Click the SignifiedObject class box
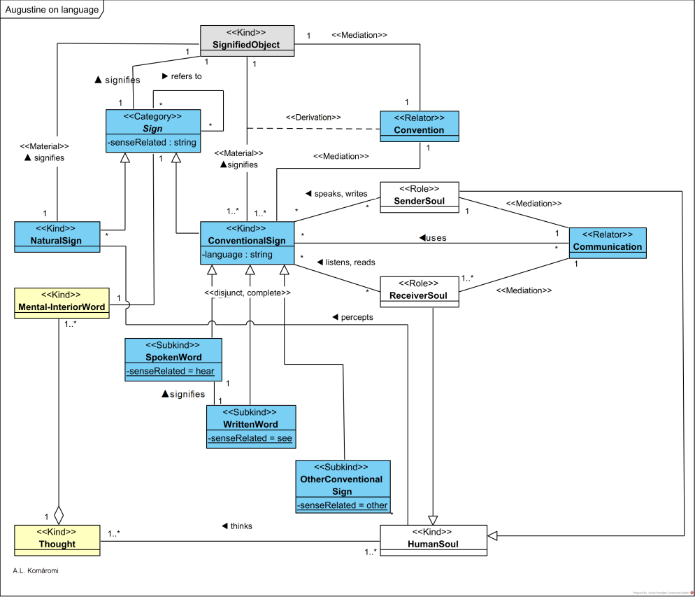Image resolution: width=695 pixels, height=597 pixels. tap(246, 39)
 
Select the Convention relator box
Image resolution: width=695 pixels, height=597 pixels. tap(419, 125)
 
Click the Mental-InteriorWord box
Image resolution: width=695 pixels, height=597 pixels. tap(62, 302)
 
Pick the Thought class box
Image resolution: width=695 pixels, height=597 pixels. tap(57, 538)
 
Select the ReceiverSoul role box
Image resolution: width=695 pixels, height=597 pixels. tap(420, 290)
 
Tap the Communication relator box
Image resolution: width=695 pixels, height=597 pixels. tap(607, 241)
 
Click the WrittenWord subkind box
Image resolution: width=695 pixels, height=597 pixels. tap(251, 419)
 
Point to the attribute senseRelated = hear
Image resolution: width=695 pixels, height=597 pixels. tap(171, 372)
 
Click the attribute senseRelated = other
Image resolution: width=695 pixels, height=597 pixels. tap(342, 505)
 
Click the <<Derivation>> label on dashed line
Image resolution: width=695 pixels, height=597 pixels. tap(313, 117)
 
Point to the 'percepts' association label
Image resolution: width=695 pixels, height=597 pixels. tap(352, 317)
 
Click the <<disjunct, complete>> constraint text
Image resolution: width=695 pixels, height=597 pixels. tap(248, 292)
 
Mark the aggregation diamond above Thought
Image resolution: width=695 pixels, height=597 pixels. tap(59, 516)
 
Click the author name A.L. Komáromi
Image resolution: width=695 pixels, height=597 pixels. tap(36, 570)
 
